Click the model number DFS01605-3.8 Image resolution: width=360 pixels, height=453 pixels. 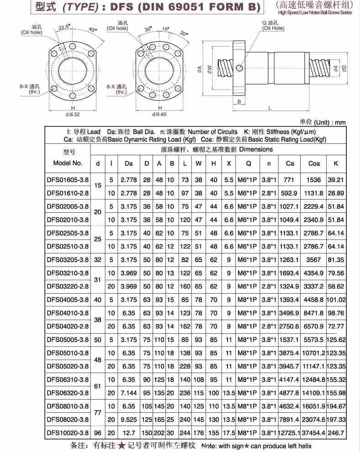[68, 180]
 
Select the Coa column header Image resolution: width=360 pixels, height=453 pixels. [314, 163]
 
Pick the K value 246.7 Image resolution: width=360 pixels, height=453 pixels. [336, 432]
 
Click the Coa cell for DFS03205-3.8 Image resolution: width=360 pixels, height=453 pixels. [314, 259]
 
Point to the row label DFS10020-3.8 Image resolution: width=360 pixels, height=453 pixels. [68, 432]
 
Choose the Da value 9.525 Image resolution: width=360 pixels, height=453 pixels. [128, 419]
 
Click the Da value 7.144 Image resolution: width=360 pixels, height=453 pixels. [128, 393]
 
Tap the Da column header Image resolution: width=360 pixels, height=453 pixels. [128, 163]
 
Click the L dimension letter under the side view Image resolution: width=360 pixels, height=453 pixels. [270, 108]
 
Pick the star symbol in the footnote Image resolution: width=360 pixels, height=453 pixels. [122, 446]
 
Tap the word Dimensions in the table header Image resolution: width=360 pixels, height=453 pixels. [256, 149]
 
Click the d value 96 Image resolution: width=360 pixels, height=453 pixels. [98, 432]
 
